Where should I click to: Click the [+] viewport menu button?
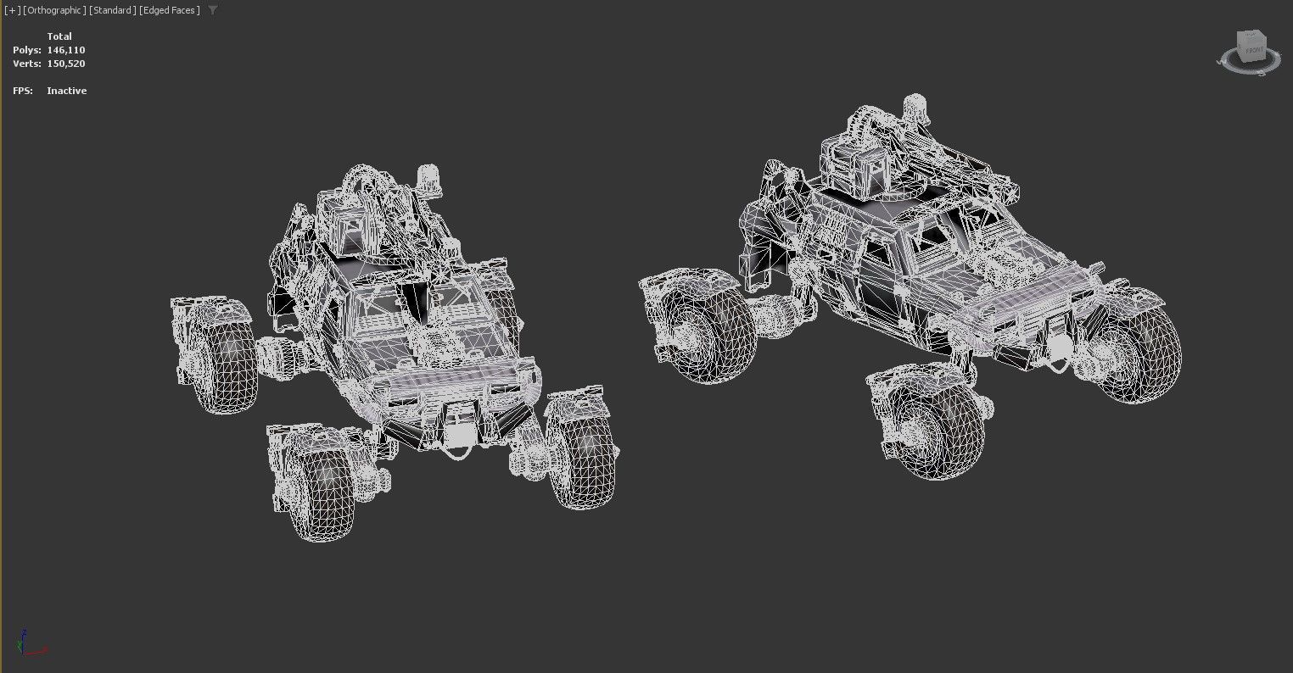point(13,10)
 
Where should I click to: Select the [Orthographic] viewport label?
point(54,10)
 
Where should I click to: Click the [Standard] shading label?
point(112,10)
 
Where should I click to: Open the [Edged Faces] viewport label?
point(170,10)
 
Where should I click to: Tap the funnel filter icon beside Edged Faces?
point(213,10)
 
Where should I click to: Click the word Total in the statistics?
point(59,36)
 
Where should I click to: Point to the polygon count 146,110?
point(66,50)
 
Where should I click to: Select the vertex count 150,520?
point(66,64)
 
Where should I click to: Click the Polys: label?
point(26,50)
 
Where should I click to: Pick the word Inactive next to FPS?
point(67,91)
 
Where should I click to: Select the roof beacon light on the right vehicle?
point(914,108)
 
